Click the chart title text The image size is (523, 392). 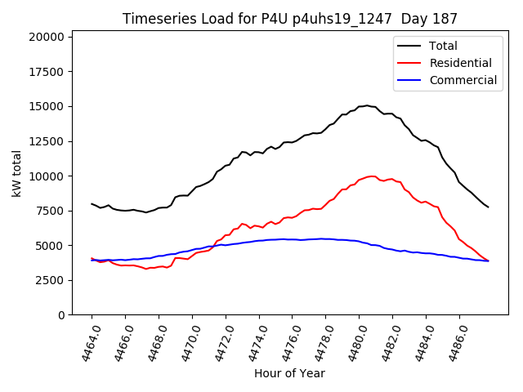point(290,18)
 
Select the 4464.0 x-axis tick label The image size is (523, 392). point(87,341)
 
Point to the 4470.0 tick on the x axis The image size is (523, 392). point(187,341)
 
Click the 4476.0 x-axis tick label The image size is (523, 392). point(287,341)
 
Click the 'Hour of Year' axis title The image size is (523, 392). point(289,373)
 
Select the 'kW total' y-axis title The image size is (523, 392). point(16,175)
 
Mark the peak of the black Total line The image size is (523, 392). point(366,105)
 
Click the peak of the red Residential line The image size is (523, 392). point(372,176)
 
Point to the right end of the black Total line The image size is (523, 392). point(489,207)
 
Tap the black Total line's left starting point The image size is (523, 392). point(92,203)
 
